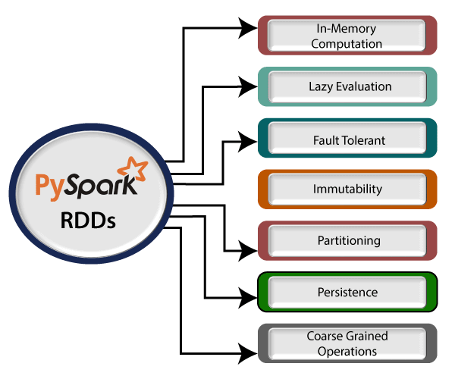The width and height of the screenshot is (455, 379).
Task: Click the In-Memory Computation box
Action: pyautogui.click(x=347, y=36)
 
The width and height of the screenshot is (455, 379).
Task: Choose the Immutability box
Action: pyautogui.click(x=347, y=189)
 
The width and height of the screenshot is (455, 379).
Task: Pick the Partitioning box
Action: pyautogui.click(x=347, y=241)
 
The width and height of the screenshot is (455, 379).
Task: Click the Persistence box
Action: pyautogui.click(x=347, y=292)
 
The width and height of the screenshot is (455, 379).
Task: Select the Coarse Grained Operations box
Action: pyautogui.click(x=347, y=343)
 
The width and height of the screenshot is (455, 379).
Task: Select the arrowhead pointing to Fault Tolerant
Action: pyautogui.click(x=249, y=139)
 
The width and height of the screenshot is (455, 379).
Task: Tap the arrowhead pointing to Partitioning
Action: pyautogui.click(x=249, y=247)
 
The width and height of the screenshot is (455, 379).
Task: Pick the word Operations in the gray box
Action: pyautogui.click(x=347, y=351)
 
